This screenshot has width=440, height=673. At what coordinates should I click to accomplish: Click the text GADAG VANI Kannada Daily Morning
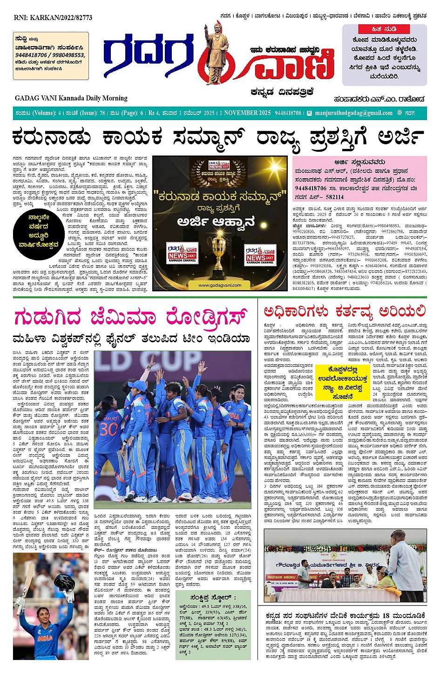[x=71, y=98]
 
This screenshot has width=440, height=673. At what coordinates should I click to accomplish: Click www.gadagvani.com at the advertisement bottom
[x=220, y=285]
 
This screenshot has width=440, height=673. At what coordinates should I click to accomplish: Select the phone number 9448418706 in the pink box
[x=311, y=188]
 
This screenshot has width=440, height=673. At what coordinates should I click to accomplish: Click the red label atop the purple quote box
[x=384, y=29]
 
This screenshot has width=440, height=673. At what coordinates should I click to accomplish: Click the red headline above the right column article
[x=345, y=311]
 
